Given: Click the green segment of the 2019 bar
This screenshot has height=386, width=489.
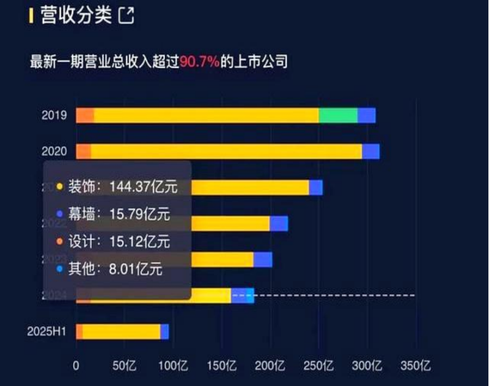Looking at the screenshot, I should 338,115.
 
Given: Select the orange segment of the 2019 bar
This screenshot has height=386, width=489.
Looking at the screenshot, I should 85,115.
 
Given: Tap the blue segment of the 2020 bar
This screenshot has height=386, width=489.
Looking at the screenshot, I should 370,151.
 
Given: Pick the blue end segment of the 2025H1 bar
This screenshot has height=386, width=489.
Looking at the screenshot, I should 165,331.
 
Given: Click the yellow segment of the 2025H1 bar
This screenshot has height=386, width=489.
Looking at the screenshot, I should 121,331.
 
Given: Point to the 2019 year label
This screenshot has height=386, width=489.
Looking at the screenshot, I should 54,115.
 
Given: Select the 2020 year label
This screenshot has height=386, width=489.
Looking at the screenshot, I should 54,151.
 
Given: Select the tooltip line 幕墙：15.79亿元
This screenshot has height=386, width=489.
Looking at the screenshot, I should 119,214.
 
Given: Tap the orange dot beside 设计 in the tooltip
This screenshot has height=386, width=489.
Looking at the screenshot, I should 60,241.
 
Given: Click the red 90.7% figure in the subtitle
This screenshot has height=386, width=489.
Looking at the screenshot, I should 199,63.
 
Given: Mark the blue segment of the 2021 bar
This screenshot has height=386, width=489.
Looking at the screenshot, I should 316,187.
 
